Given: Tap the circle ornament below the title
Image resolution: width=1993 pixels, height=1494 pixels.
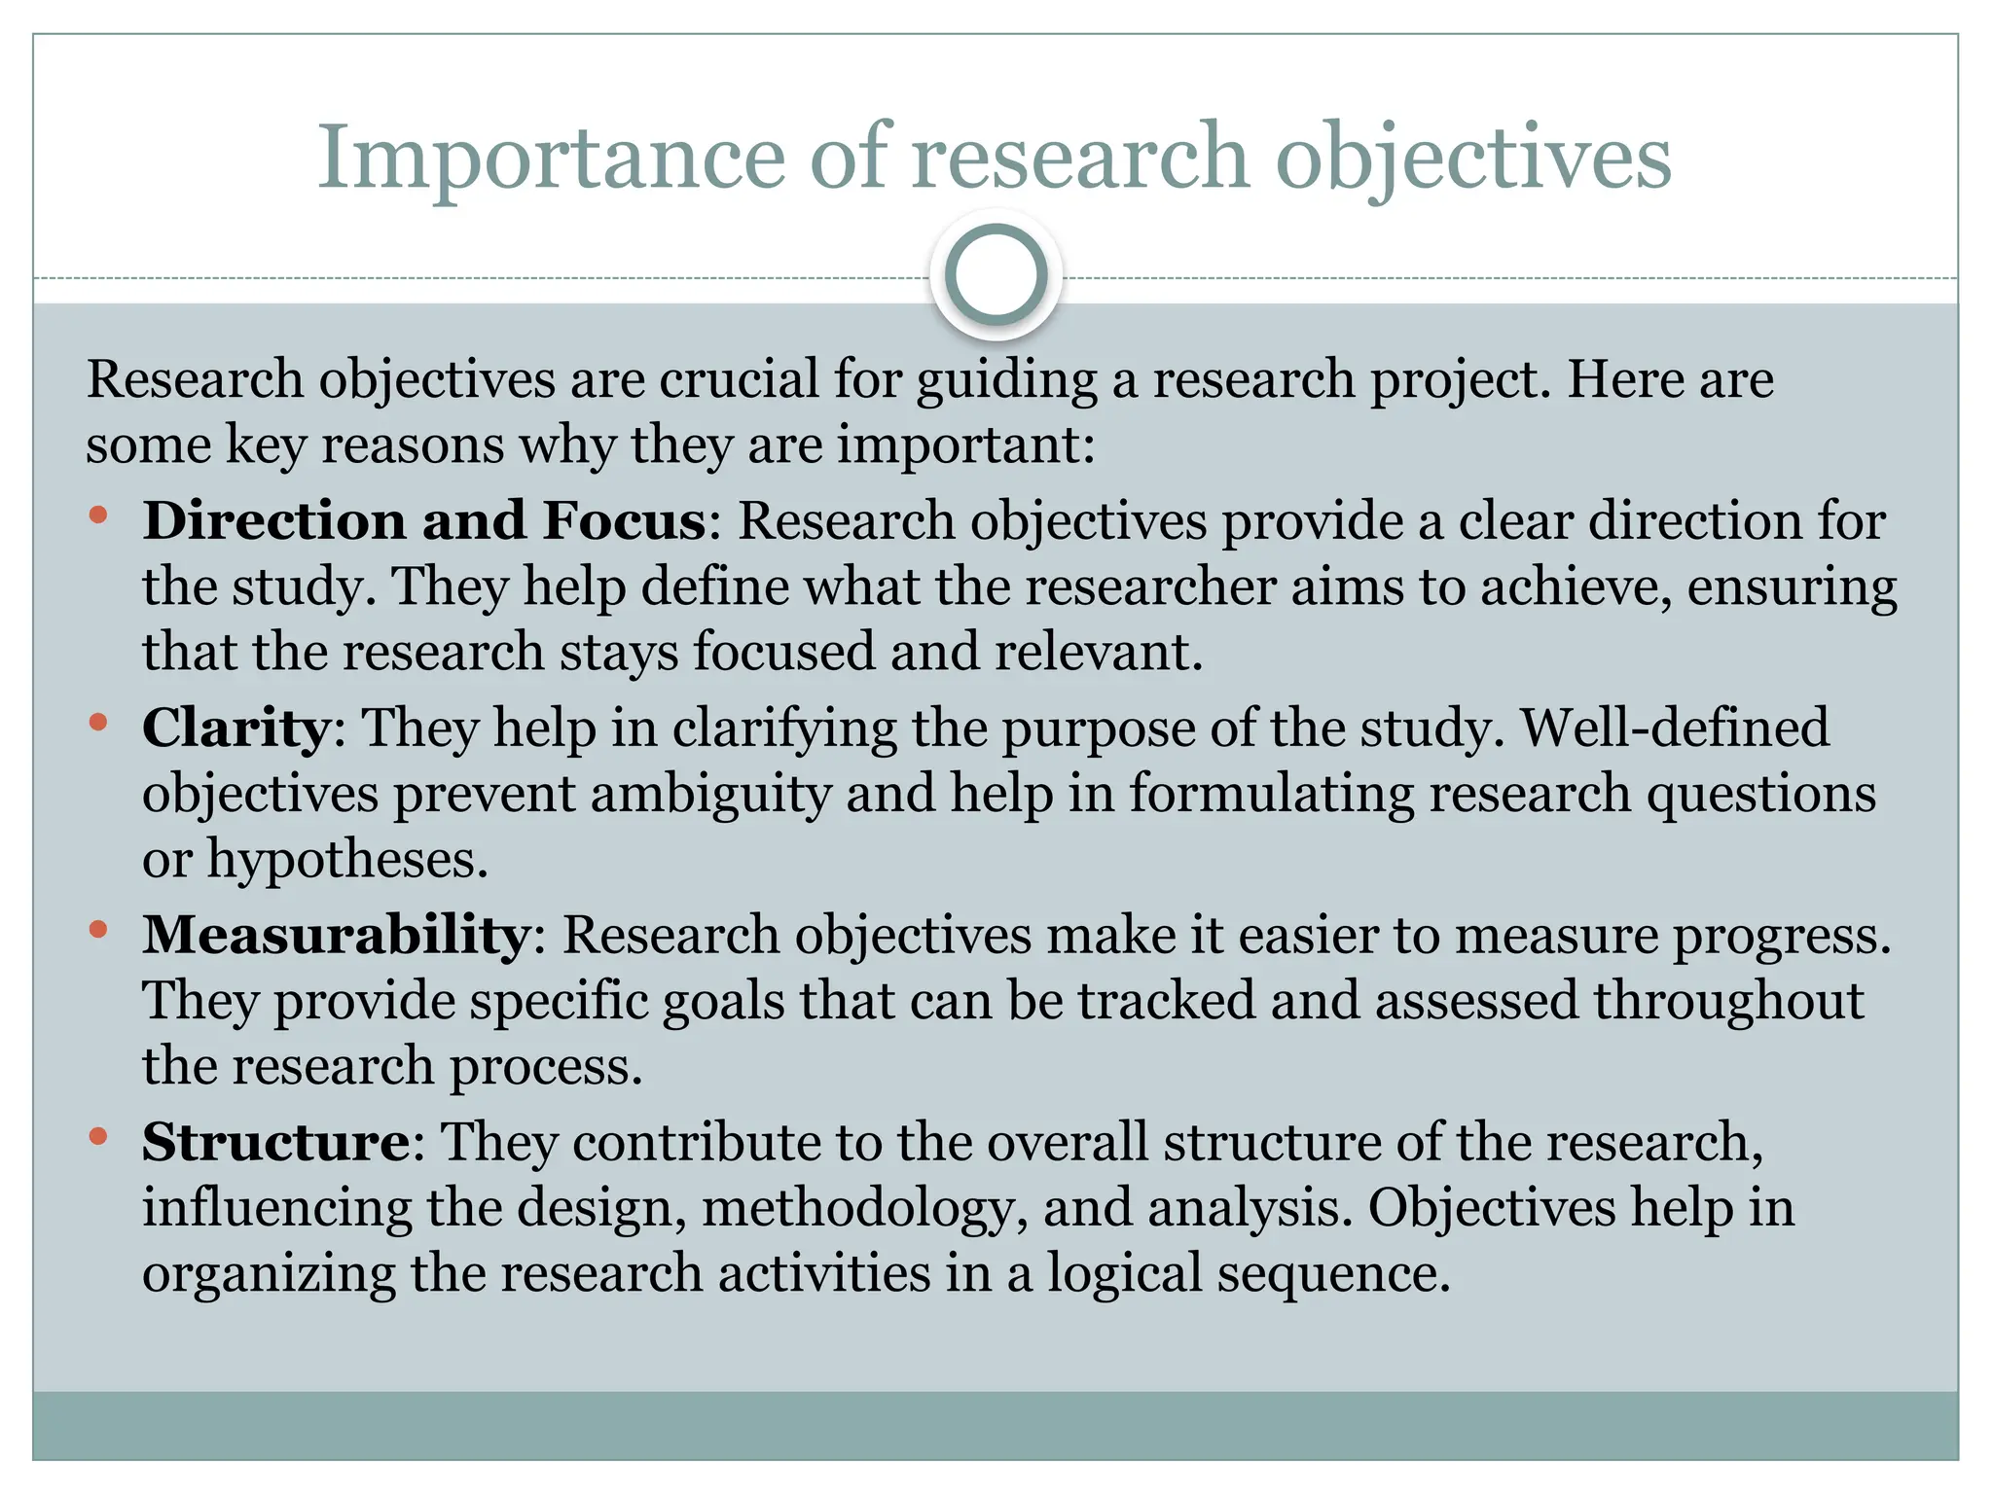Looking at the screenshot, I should tap(996, 275).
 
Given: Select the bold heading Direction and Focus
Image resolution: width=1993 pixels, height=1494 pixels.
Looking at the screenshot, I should tap(424, 520).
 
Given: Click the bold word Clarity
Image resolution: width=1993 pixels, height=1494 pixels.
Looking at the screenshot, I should tap(236, 728).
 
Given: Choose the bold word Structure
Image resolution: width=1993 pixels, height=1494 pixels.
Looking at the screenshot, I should tap(276, 1142).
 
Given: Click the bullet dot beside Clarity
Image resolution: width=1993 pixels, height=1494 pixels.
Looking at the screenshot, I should tap(97, 722).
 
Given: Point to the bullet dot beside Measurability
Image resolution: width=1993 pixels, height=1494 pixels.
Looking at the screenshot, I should tap(97, 929).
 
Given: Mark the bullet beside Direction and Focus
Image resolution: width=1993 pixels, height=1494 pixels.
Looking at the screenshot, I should tap(97, 515).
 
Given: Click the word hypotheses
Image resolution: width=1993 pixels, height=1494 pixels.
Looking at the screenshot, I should tap(346, 860).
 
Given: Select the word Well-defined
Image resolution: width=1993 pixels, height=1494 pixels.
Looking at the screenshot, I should tap(1675, 728).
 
